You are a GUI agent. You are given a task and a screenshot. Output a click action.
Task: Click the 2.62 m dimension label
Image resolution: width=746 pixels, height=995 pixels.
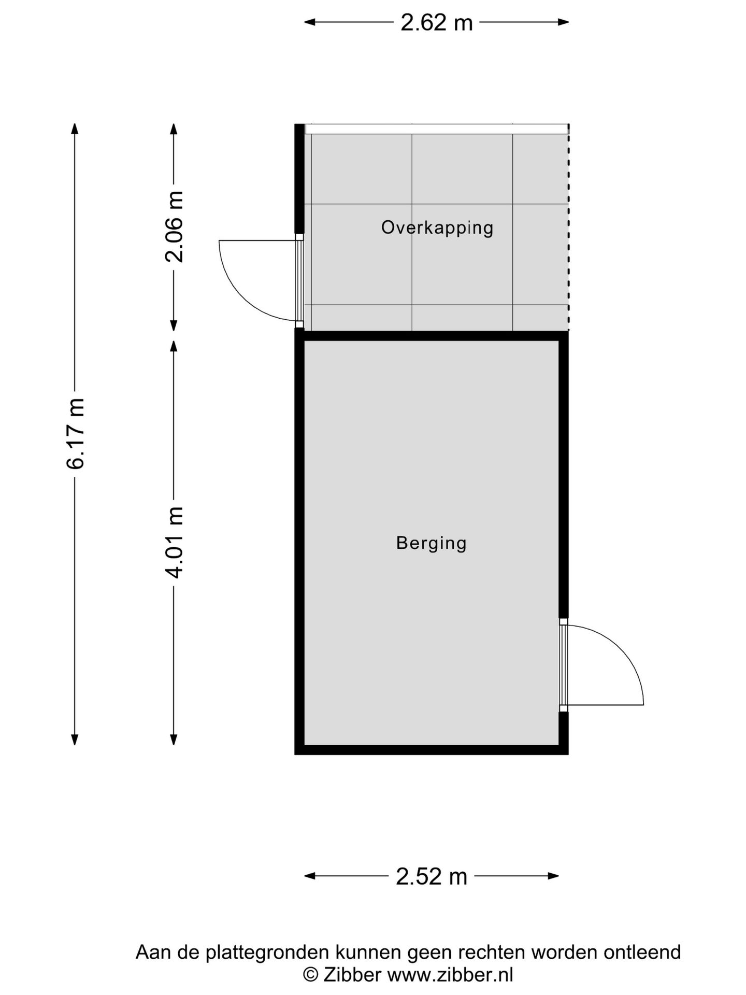(436, 22)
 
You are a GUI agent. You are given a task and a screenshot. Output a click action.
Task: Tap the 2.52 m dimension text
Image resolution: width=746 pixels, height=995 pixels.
(432, 876)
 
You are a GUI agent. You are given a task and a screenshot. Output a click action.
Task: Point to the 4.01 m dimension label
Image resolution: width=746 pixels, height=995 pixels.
(175, 543)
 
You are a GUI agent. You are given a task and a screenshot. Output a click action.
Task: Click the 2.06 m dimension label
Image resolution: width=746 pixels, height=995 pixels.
(175, 227)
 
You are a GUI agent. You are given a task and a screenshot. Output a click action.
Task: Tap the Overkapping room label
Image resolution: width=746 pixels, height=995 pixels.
(437, 228)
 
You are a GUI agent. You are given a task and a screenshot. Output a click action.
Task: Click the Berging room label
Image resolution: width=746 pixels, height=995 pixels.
(432, 543)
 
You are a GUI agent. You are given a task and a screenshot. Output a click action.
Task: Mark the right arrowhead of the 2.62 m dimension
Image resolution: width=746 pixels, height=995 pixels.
(563, 22)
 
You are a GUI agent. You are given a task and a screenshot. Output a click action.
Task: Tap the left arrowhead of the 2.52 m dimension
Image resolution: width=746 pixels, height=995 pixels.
(310, 876)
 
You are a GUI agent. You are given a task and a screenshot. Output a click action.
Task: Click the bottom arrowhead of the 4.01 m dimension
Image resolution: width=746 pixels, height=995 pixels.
(174, 740)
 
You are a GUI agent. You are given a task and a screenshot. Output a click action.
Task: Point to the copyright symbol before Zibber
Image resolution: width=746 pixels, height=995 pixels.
(310, 974)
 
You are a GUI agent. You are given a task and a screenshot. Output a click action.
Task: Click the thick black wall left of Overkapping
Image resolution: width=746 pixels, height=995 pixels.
(299, 179)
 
